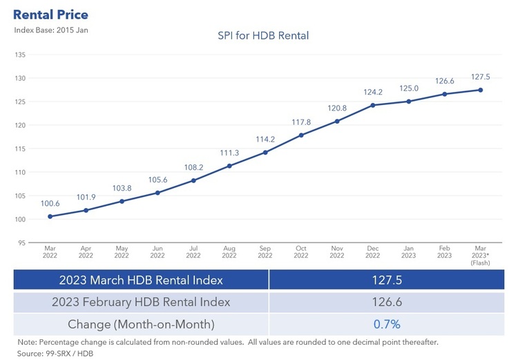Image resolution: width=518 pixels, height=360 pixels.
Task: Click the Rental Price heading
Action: (51, 14)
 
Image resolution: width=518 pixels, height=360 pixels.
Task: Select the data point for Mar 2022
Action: (50, 216)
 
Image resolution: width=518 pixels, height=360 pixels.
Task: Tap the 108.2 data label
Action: (193, 167)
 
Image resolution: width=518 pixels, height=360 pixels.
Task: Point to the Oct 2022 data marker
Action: (301, 135)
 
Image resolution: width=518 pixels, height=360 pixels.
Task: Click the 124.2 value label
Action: (373, 92)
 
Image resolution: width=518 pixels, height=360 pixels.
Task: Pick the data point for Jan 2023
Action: (409, 102)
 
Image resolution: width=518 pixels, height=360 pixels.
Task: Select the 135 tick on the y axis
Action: (20, 55)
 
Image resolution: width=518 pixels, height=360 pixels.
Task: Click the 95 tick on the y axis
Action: (21, 243)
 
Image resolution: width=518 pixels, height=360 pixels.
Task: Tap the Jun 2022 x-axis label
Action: (157, 252)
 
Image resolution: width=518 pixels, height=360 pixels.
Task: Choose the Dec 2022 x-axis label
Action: (373, 252)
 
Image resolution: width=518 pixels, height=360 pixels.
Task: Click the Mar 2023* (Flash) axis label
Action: (480, 254)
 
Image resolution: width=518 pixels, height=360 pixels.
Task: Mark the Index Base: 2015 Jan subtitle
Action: (51, 30)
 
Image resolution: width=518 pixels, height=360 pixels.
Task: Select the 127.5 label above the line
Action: (480, 77)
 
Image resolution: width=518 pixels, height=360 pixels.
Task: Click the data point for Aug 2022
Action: (229, 166)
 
